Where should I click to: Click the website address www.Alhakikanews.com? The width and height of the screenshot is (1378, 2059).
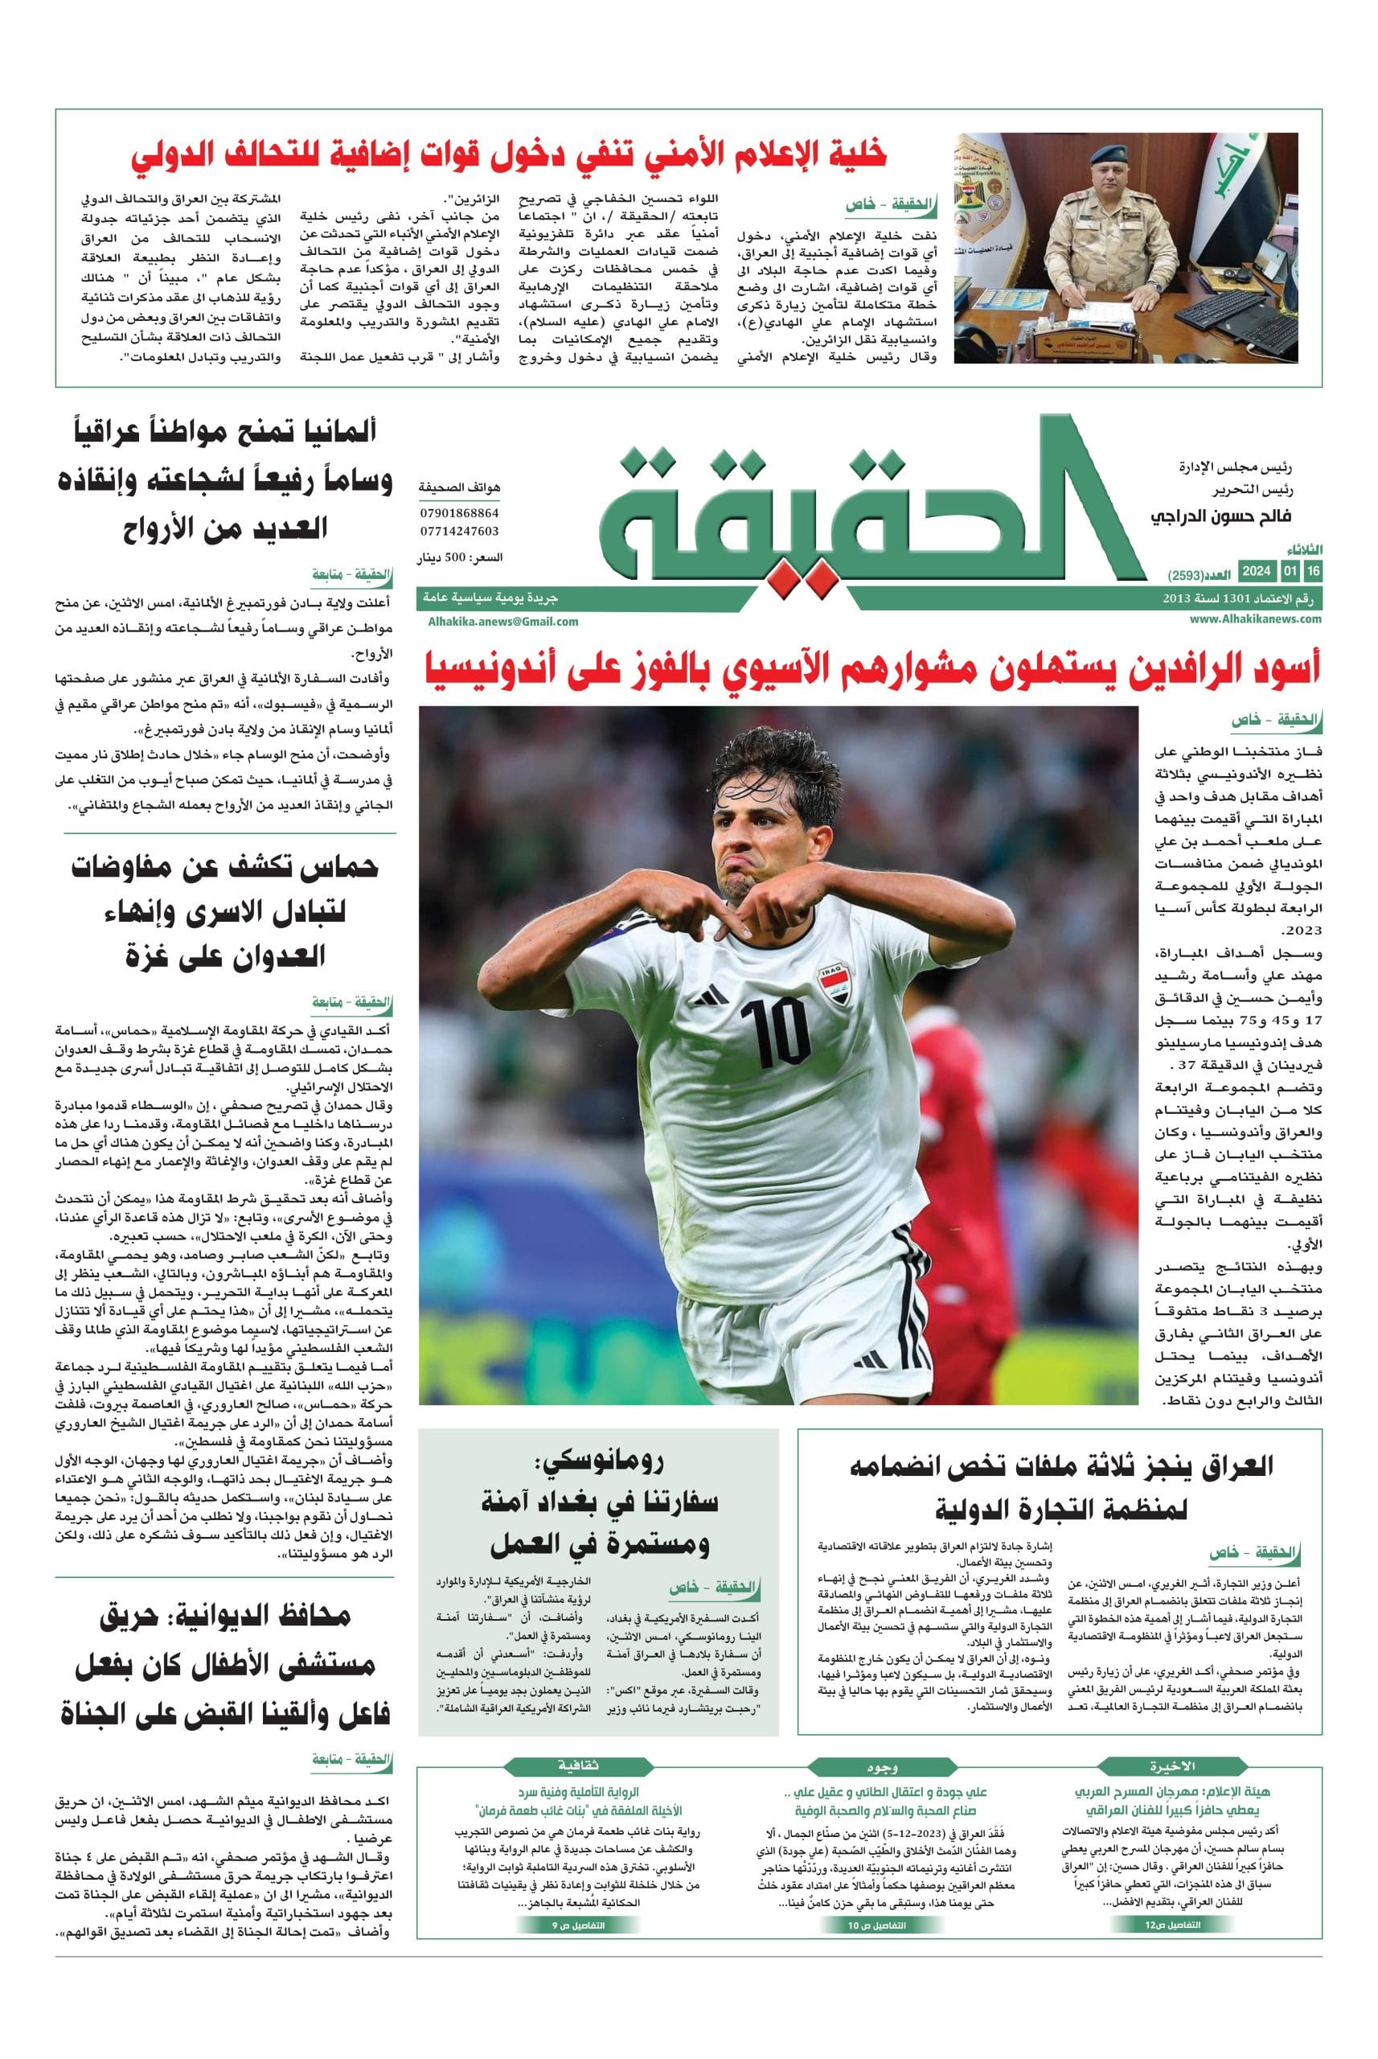[x=1256, y=619]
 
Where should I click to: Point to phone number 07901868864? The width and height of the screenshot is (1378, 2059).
[x=459, y=512]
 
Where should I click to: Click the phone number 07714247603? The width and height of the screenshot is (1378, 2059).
[x=459, y=531]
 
